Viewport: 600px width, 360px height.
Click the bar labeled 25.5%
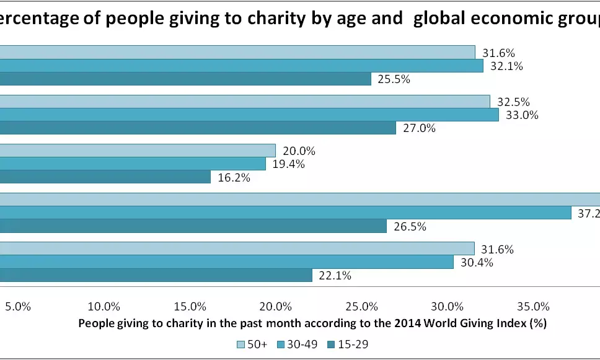(186, 79)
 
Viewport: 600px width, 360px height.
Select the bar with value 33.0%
(248, 115)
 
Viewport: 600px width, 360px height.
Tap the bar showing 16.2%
(105, 177)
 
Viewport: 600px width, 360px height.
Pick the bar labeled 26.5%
(192, 226)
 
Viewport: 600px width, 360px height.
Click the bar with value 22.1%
(155, 275)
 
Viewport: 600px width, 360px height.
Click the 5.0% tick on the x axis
(18, 306)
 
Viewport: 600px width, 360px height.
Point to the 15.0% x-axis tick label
(190, 306)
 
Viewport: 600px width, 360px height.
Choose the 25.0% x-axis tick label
(362, 306)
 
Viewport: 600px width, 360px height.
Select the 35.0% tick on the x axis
(534, 306)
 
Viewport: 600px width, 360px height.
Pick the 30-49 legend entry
(298, 344)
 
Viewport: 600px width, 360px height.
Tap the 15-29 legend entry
(351, 344)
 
